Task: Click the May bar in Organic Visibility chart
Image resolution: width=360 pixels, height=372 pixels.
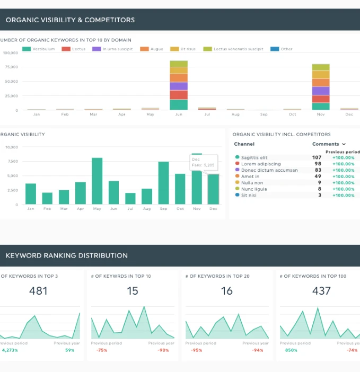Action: point(97,181)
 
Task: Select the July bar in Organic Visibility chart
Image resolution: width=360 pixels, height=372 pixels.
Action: point(130,198)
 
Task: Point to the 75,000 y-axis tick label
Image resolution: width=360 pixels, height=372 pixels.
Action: point(11,67)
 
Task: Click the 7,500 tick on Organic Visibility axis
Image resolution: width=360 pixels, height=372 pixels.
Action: point(12,161)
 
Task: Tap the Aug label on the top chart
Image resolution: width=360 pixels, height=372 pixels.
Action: point(235,114)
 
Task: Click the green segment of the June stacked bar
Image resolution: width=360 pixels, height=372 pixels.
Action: point(179,104)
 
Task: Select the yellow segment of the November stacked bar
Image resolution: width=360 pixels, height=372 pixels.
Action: point(321,75)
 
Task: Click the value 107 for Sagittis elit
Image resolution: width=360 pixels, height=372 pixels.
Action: point(317,157)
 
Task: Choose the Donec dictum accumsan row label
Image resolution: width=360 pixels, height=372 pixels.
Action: point(269,170)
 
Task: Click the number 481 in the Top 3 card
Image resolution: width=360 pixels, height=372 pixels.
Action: point(38,291)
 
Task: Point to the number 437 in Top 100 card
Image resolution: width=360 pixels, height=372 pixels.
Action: point(321,291)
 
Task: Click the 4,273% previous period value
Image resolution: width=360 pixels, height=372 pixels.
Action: point(10,350)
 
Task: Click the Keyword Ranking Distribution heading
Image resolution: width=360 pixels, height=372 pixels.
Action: point(66,255)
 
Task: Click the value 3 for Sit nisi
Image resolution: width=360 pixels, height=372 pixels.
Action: point(320,195)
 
